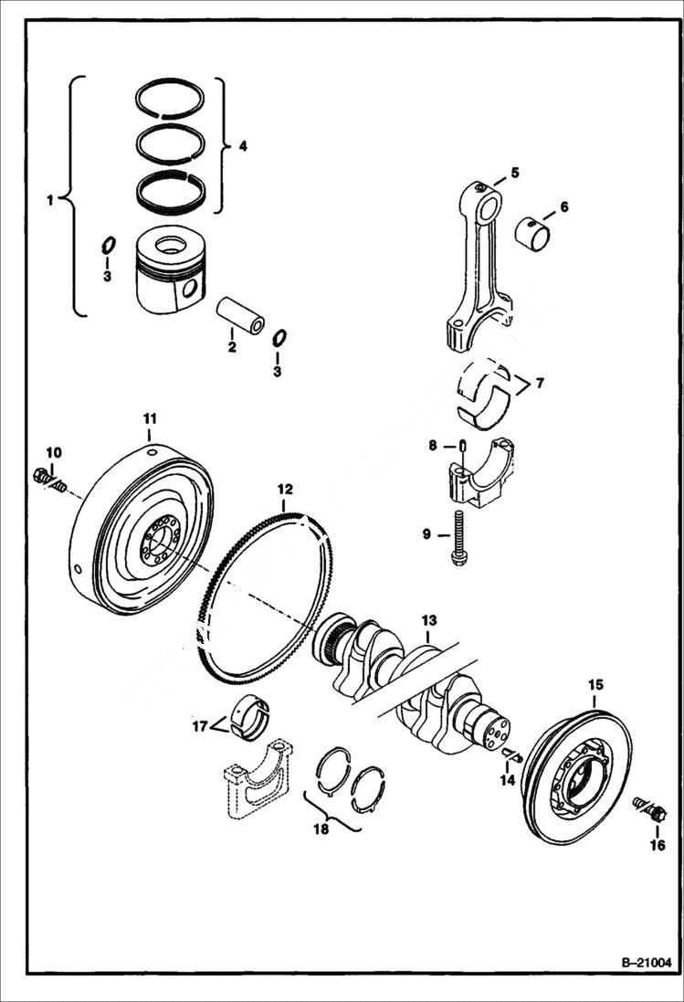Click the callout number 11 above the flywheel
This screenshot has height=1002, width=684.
150,418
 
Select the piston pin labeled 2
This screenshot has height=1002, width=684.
241,315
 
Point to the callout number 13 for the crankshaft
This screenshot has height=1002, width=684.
429,621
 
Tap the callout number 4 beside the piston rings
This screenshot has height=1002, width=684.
243,145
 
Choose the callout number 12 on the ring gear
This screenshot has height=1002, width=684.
285,489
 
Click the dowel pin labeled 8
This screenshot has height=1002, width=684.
463,445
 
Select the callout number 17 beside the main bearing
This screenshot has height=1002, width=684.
200,728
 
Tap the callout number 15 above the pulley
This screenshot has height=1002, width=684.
595,684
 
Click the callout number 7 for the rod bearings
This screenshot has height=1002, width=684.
541,384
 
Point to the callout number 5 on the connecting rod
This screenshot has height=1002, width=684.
515,172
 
